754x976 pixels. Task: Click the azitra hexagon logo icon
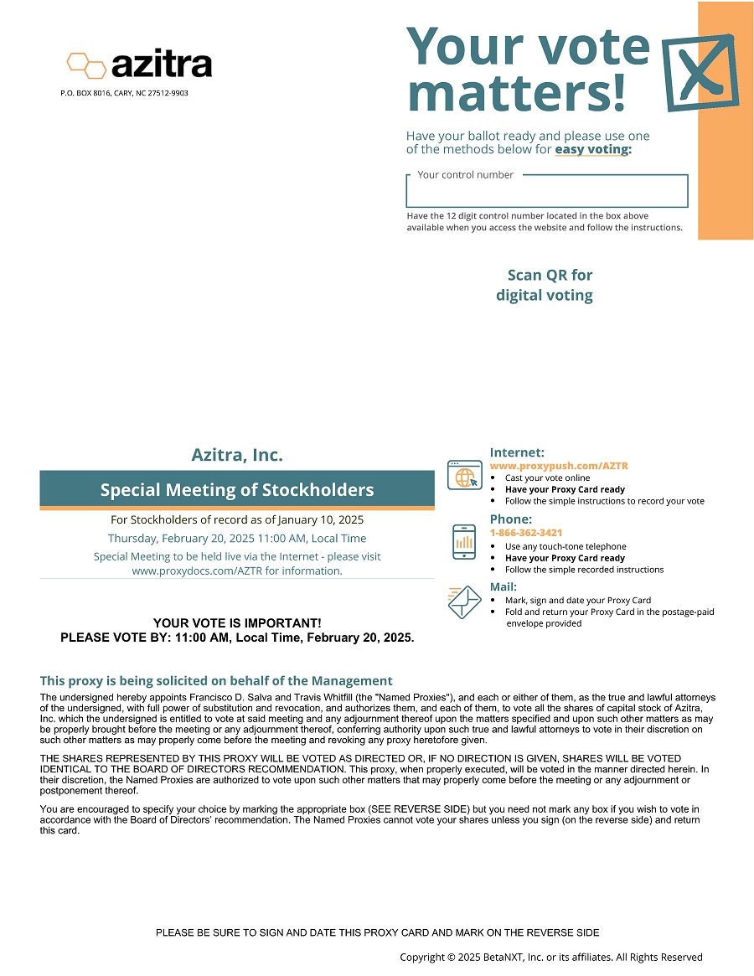[86, 65]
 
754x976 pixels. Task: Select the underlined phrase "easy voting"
[591, 150]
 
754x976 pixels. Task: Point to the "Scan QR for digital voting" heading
[545, 285]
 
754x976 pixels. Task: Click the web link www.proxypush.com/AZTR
[559, 466]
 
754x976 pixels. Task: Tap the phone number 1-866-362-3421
[526, 533]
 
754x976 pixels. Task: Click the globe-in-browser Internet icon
[464, 475]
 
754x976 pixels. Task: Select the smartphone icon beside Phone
[463, 541]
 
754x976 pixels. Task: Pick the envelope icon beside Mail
[464, 602]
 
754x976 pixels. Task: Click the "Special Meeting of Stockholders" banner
[237, 490]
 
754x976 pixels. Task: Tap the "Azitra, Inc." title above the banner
[237, 456]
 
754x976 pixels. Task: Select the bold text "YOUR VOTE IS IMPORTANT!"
[237, 623]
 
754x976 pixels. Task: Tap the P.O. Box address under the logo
[124, 93]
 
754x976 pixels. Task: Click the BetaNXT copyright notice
[550, 957]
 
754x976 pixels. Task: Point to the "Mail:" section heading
[504, 586]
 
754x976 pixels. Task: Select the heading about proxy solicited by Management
[216, 681]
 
